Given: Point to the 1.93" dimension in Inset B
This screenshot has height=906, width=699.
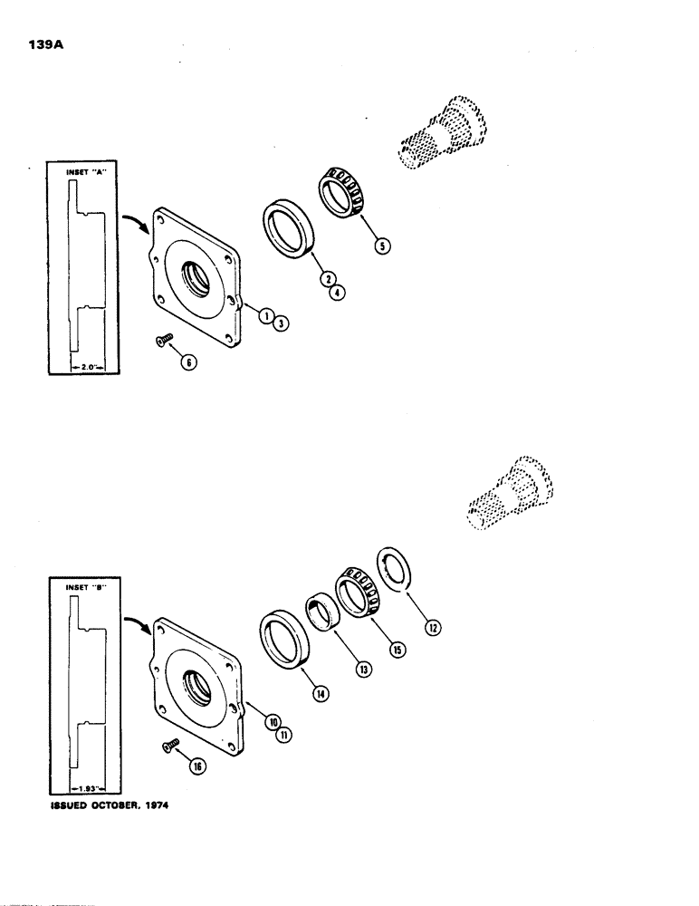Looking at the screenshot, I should [87, 775].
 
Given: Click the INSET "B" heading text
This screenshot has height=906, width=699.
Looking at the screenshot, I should [86, 587].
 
